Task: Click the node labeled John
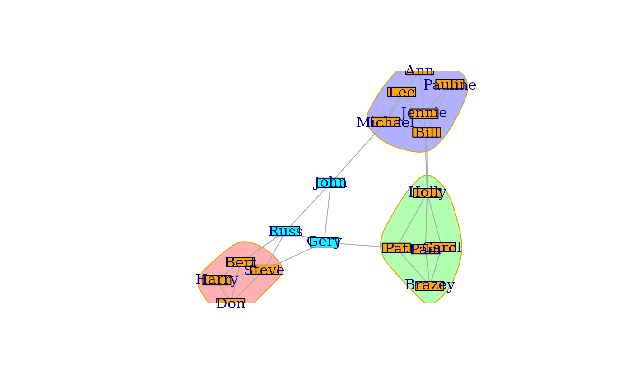click(x=331, y=183)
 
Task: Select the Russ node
click(x=284, y=232)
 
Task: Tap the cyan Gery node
click(x=324, y=242)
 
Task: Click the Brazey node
click(x=429, y=285)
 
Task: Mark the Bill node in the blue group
click(x=427, y=133)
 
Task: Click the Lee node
click(x=402, y=92)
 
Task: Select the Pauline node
click(x=450, y=85)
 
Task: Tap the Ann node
click(x=419, y=70)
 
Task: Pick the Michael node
click(x=385, y=122)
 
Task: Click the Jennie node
click(x=424, y=113)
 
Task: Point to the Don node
click(x=231, y=303)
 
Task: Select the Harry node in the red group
click(x=217, y=280)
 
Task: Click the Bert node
click(x=241, y=262)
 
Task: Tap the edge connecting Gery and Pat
click(x=359, y=245)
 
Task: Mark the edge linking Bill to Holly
click(x=427, y=163)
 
